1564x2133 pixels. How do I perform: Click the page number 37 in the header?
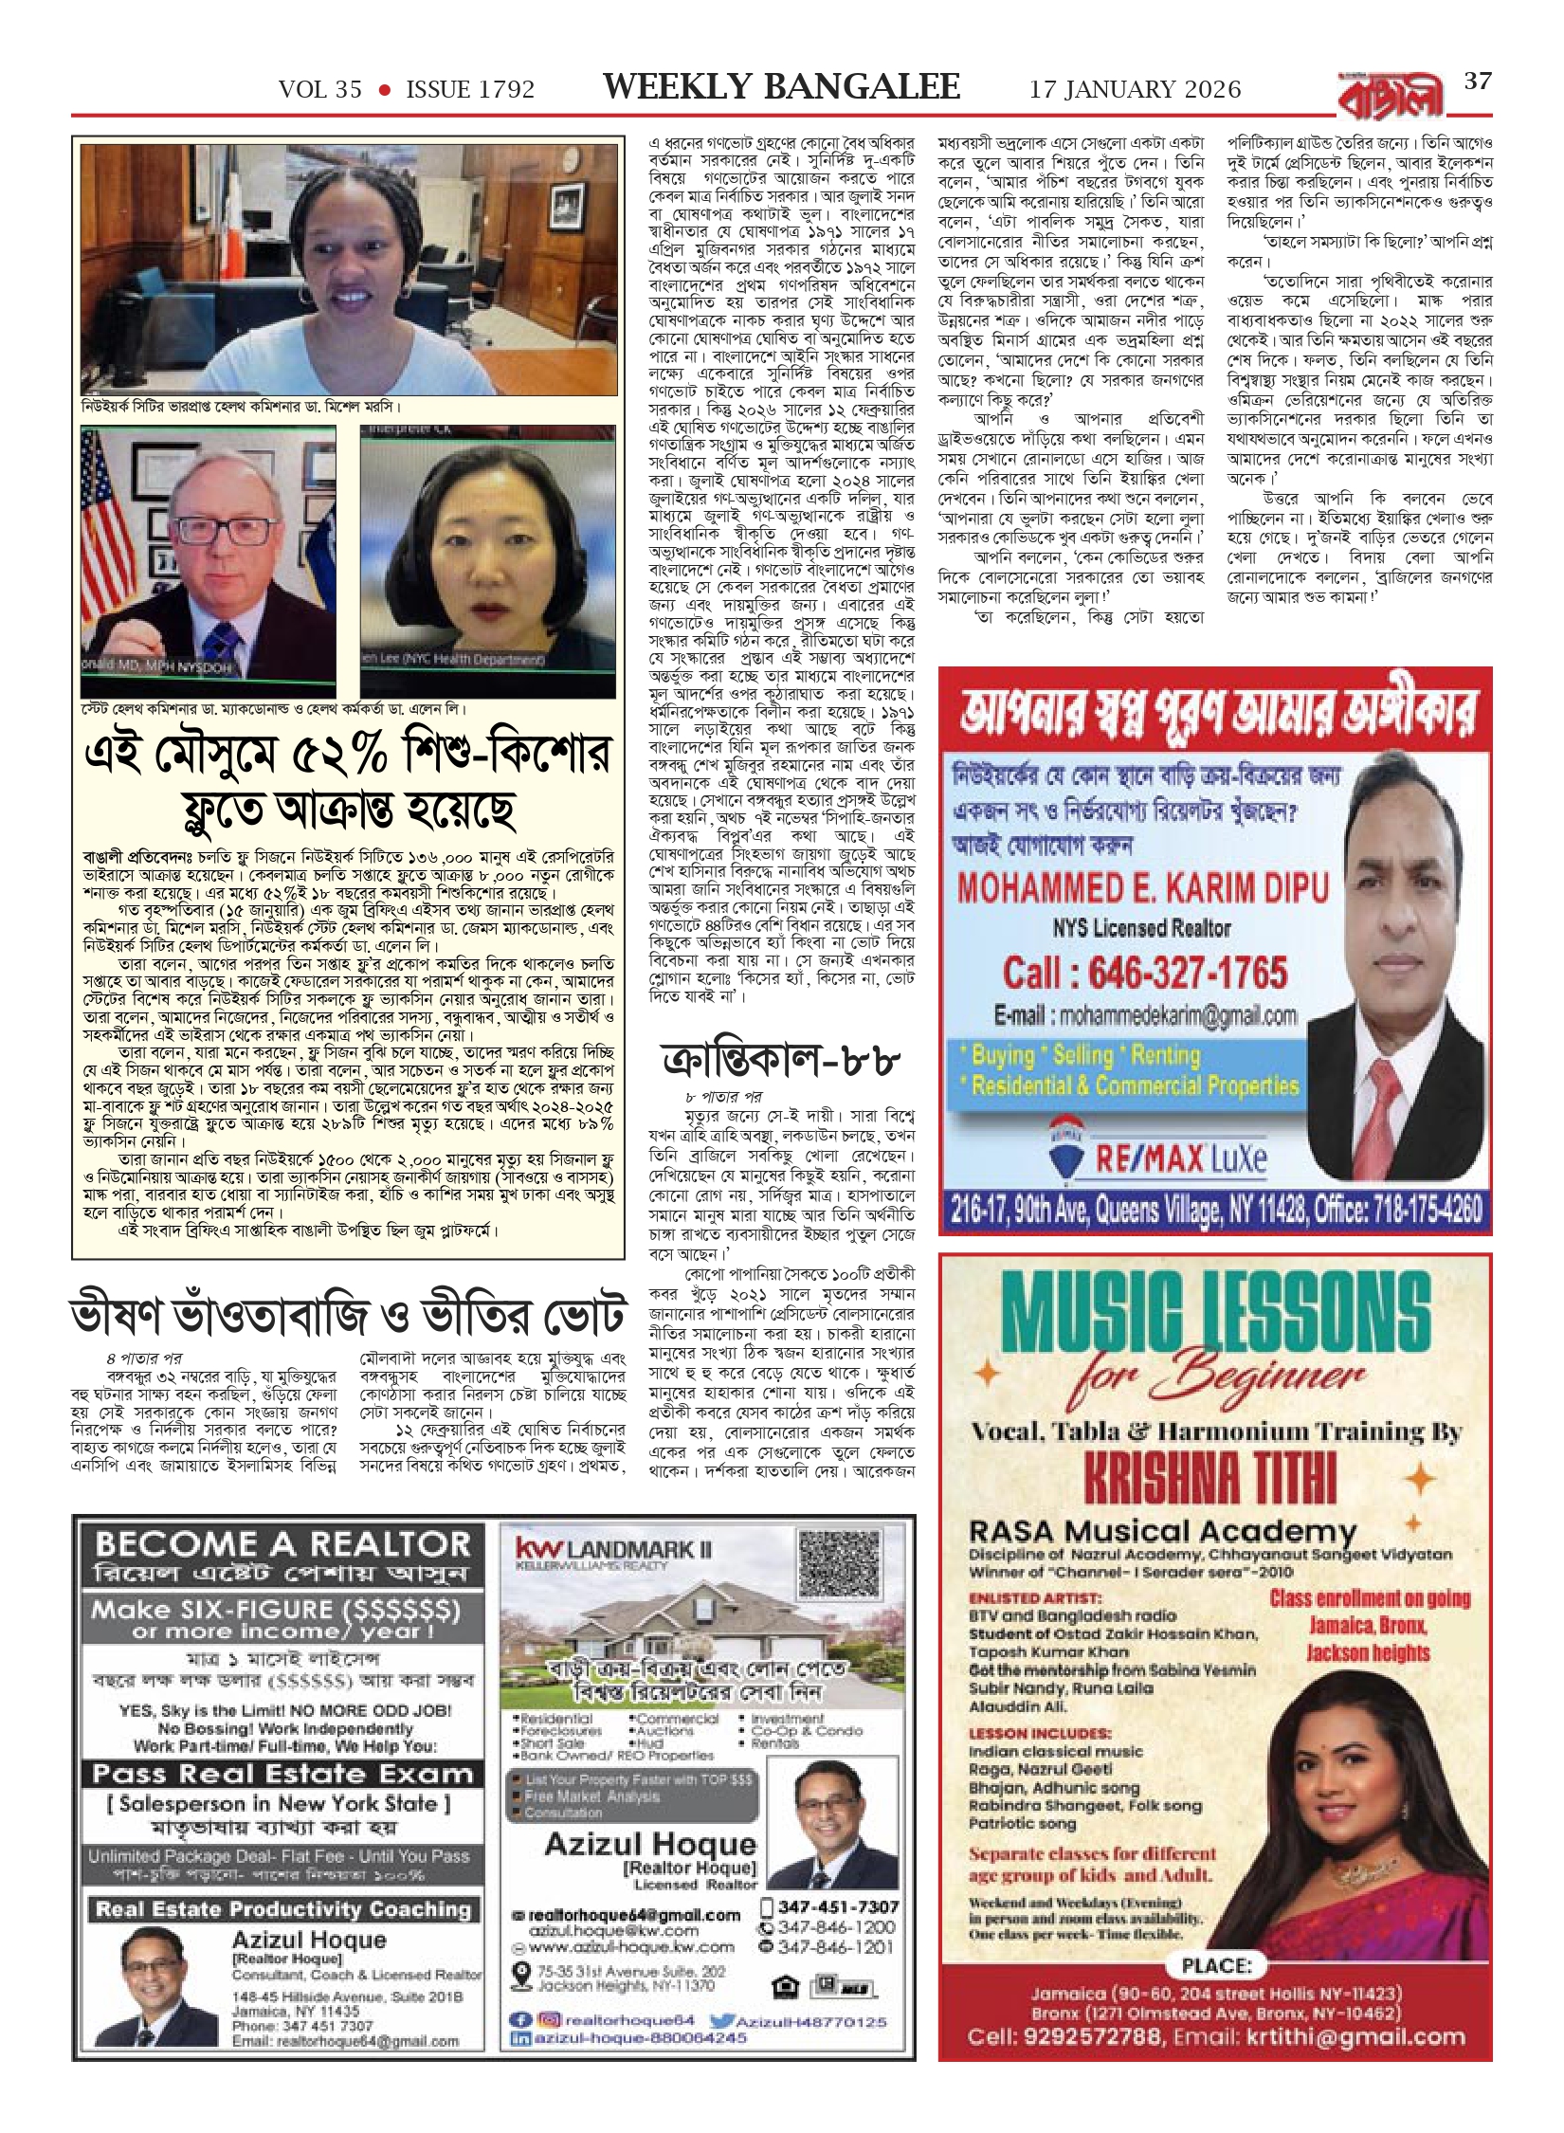coord(1478,82)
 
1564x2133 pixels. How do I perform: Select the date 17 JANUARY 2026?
coord(1135,90)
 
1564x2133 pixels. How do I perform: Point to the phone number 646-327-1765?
coord(1145,973)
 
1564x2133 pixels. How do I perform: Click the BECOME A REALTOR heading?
coord(282,1544)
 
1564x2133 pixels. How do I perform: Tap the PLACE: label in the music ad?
coord(1216,1966)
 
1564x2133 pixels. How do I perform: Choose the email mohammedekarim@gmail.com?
coord(1145,1016)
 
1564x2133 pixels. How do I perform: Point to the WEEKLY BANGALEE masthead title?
coord(781,87)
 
